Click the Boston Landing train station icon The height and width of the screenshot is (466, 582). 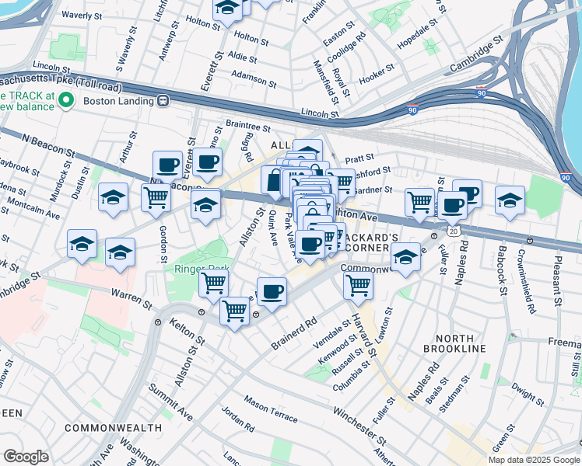click(163, 100)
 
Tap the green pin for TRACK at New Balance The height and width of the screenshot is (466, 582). click(66, 100)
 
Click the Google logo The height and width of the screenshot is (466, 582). click(26, 457)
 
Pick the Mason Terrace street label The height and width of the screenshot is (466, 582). click(270, 409)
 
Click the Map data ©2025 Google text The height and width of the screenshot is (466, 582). click(533, 459)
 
